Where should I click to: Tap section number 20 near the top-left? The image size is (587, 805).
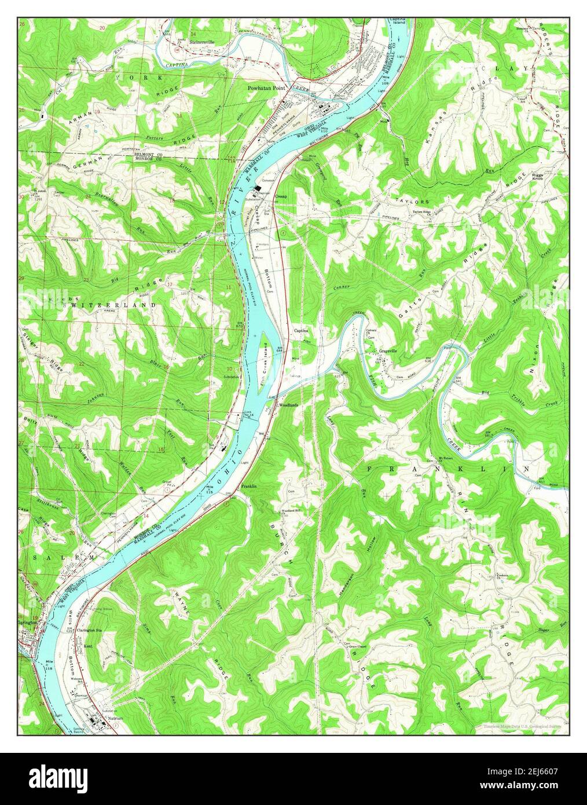point(102,28)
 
